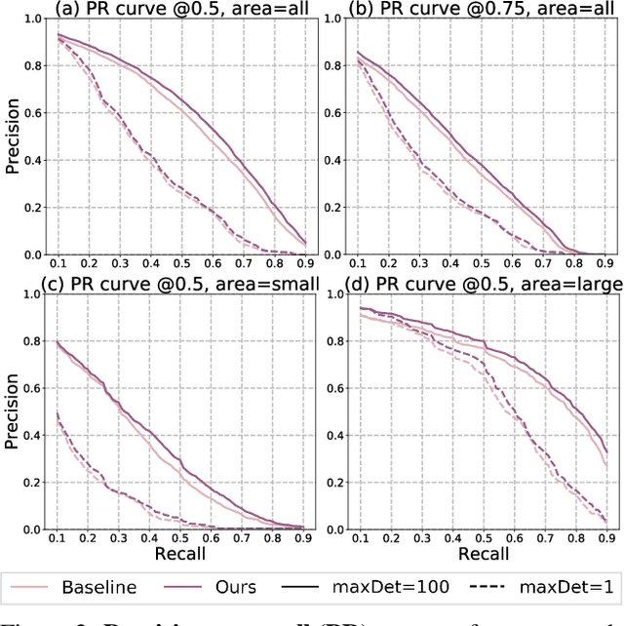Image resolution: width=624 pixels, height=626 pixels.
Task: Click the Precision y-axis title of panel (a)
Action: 13,137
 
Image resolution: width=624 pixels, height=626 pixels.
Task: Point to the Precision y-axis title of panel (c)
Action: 13,411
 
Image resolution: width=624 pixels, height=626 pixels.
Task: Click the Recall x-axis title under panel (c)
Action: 179,555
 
